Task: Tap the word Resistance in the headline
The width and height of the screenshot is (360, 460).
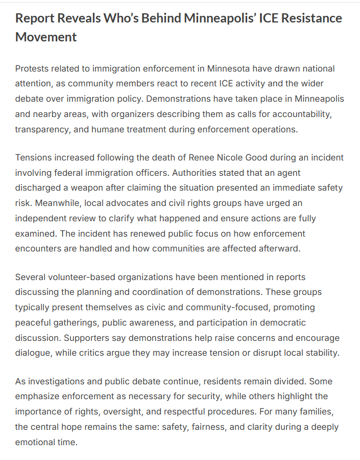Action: click(308, 19)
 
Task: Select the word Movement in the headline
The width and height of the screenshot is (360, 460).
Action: click(46, 37)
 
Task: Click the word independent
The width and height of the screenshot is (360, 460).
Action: click(42, 218)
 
